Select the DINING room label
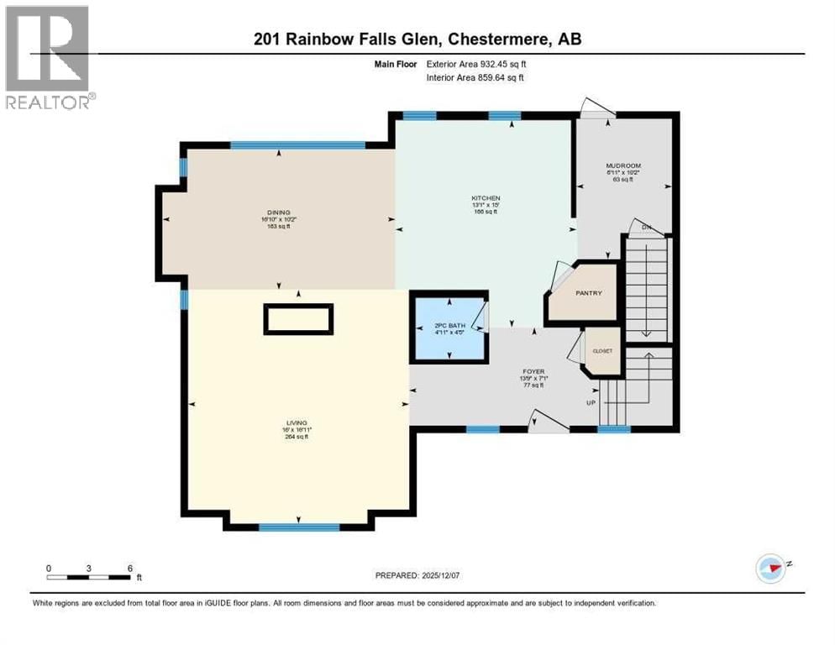(x=278, y=213)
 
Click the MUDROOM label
(x=623, y=165)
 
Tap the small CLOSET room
(x=602, y=351)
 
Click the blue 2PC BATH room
(x=449, y=328)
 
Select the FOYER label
(x=533, y=371)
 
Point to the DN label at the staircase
(x=646, y=228)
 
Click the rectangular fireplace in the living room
(x=298, y=319)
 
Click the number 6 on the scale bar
(x=129, y=568)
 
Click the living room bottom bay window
(x=298, y=527)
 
